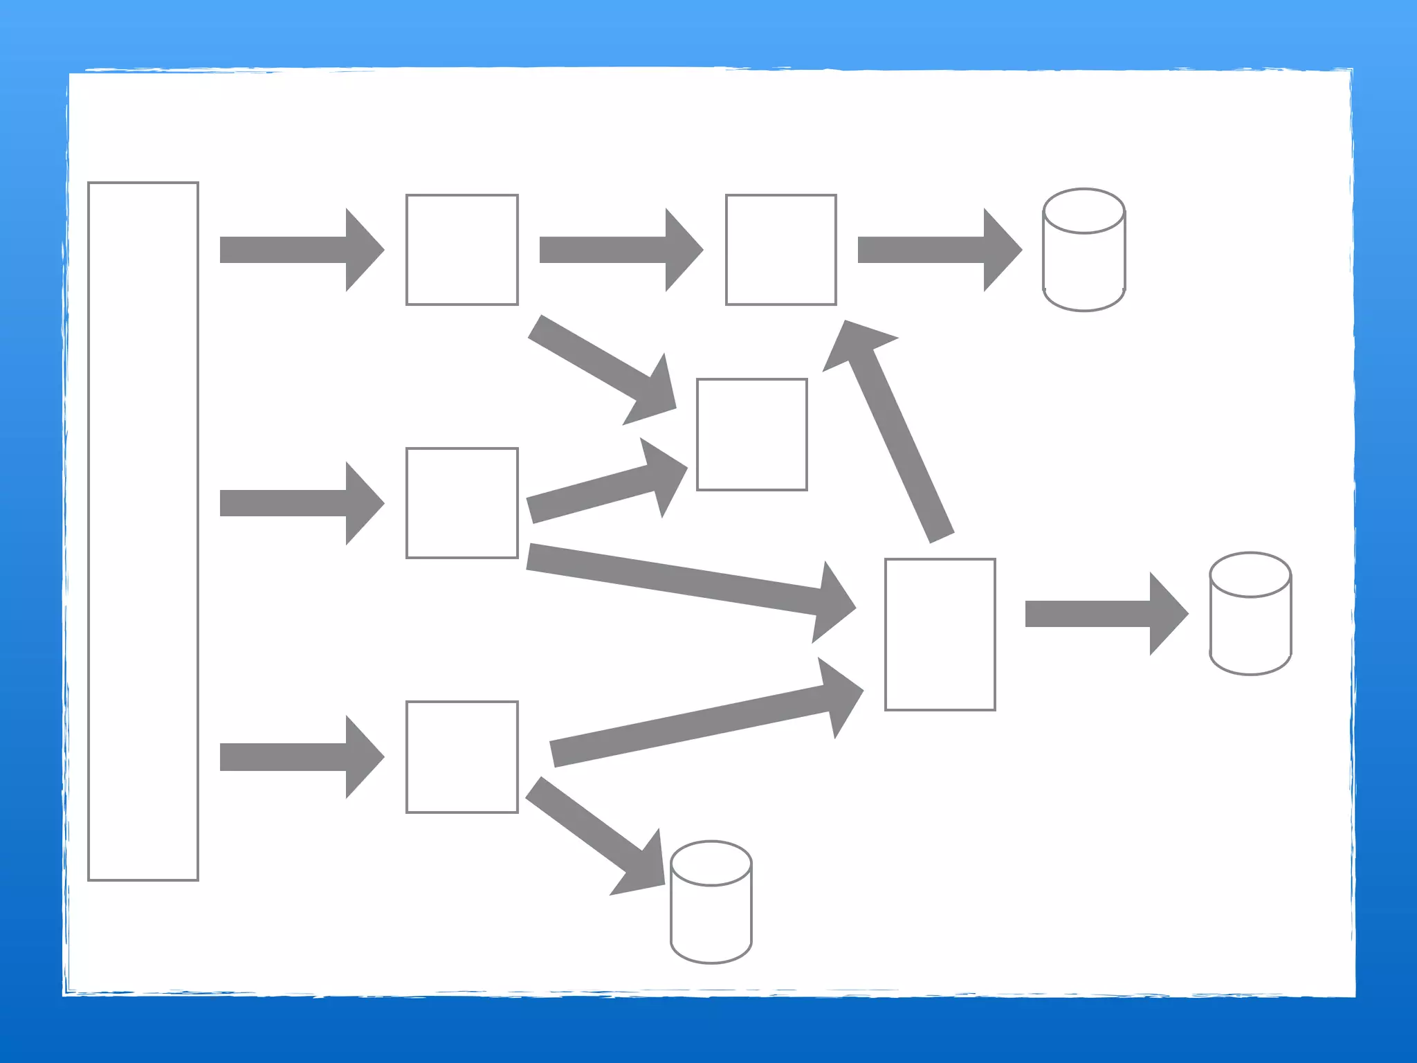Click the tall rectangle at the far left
click(x=143, y=531)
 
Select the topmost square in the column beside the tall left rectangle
click(x=462, y=250)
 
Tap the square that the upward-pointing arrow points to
click(x=781, y=250)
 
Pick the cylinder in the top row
click(x=1084, y=250)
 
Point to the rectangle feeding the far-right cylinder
click(x=940, y=634)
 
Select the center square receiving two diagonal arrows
click(x=752, y=435)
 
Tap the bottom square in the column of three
click(x=462, y=756)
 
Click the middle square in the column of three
click(x=462, y=503)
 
